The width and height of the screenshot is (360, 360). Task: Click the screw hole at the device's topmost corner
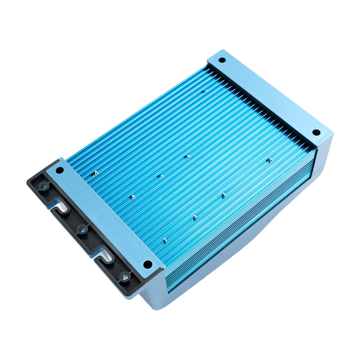point(222,60)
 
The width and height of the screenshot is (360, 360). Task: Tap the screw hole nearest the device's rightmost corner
point(316,132)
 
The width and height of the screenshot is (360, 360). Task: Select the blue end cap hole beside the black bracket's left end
point(59,170)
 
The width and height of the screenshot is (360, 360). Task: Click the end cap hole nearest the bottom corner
point(147,264)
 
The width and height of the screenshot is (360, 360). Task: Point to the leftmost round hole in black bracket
point(43,185)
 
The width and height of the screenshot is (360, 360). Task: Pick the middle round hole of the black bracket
point(82,230)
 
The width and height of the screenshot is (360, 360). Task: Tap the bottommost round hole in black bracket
point(125,276)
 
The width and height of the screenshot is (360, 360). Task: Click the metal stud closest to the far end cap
point(203,91)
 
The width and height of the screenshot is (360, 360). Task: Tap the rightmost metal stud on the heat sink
point(270,160)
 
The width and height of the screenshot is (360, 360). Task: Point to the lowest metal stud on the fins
point(165,240)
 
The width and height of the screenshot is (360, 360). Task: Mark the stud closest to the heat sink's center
point(187,157)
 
